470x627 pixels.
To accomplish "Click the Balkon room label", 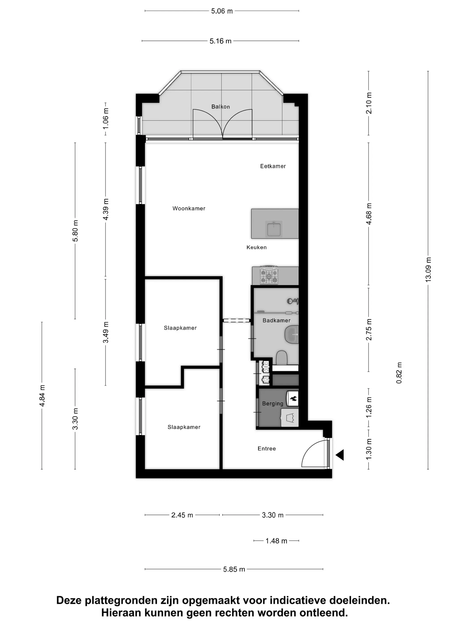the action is click(x=220, y=107).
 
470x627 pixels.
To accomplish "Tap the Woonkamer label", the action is click(x=189, y=208).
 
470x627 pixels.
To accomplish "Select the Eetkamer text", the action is click(x=273, y=166).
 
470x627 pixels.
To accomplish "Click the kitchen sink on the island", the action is click(x=274, y=229).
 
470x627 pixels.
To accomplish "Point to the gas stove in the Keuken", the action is click(x=269, y=275).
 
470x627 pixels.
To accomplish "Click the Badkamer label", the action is click(x=276, y=320).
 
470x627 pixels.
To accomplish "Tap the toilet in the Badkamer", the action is click(x=282, y=358).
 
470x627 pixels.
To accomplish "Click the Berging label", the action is click(x=273, y=403).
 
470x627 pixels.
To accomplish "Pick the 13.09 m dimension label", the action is click(x=428, y=269).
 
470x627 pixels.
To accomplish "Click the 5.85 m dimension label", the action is click(x=234, y=569).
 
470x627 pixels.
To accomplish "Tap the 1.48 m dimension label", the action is click(x=276, y=541).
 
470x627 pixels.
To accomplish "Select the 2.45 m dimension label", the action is click(x=182, y=515).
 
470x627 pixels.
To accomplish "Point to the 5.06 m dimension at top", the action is click(x=222, y=11).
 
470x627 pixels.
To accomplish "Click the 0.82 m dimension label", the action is click(x=399, y=373).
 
